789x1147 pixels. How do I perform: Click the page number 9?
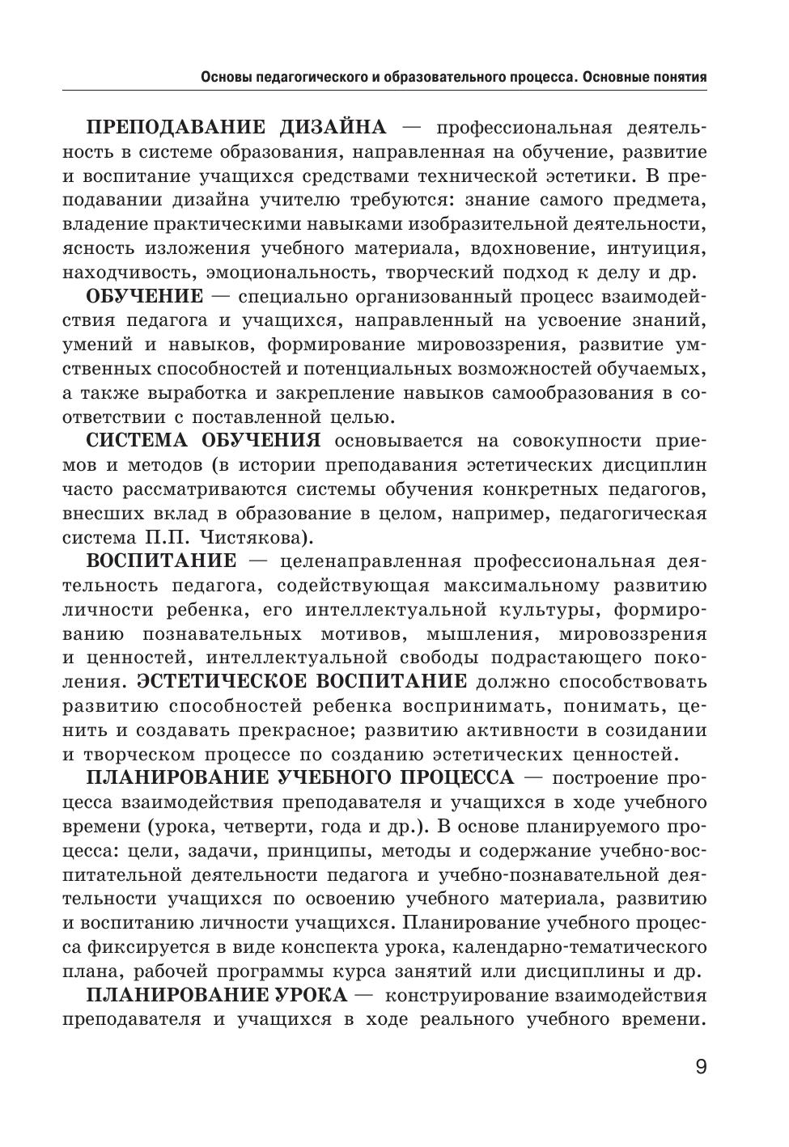(700, 1067)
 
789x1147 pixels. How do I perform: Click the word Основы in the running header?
(225, 78)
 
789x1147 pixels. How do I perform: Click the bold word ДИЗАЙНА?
(333, 128)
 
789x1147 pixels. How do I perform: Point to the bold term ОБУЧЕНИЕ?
(144, 296)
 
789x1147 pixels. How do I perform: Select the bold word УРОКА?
(308, 995)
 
